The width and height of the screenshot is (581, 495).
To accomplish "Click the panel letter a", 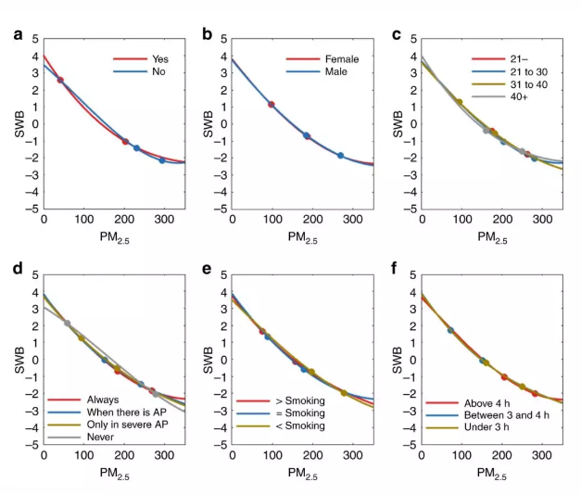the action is point(18,35).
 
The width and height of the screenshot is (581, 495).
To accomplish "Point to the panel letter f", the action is point(394,268).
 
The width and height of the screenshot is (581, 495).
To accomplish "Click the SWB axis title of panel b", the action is point(208,124).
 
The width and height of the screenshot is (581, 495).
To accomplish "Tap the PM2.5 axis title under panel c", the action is point(492,237).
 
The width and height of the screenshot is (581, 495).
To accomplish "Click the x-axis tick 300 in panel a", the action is point(164,220).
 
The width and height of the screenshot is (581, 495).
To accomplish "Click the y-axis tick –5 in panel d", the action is point(32,445).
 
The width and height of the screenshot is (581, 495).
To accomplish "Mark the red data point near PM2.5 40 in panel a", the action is point(60,80).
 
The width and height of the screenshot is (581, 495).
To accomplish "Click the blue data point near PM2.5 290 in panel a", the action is point(162,160).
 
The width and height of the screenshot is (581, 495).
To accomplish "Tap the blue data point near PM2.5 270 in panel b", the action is point(340,156).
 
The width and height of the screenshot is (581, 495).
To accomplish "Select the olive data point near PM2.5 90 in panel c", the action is point(460,102).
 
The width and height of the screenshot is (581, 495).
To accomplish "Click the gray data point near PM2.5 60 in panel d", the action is point(67,324).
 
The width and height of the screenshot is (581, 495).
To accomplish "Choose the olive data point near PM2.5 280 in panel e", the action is point(344,393).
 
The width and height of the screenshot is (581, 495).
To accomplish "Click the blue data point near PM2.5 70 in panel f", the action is point(450,330).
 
